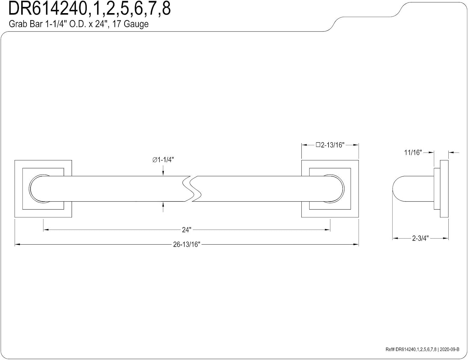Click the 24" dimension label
(187, 230)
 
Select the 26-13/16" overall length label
(187, 245)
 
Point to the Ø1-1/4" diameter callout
(163, 160)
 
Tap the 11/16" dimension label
(413, 153)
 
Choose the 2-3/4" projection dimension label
(420, 238)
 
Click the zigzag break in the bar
(192, 189)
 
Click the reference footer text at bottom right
(422, 349)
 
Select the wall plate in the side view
(444, 189)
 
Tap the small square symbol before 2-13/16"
(318, 145)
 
